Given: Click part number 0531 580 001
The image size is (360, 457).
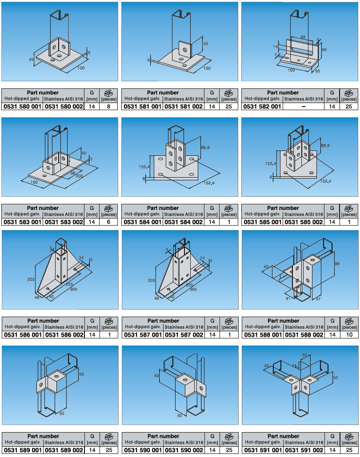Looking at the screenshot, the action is (x=23, y=107).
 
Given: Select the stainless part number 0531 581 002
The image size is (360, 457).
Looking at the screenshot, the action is (x=184, y=107).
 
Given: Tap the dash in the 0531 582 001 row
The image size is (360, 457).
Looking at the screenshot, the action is (x=304, y=107).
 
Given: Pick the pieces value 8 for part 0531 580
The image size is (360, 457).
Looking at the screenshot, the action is (x=108, y=107).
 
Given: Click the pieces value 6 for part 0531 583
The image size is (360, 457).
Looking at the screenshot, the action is (x=108, y=222).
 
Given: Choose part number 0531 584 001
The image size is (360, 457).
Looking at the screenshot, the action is (x=142, y=222).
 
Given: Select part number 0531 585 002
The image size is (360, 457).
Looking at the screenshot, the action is (x=304, y=222).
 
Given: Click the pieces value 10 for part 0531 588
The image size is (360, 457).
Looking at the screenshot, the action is (x=349, y=335).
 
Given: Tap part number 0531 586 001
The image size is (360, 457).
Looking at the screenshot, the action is (x=23, y=335).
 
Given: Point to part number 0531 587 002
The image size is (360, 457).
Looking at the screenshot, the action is (x=184, y=335).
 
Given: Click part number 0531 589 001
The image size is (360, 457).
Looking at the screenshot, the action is (x=23, y=450).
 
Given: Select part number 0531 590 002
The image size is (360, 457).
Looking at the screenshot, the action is (x=184, y=450).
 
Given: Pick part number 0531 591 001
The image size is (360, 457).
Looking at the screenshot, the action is (x=263, y=450).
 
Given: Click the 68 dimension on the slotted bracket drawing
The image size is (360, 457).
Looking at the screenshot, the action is (x=303, y=37).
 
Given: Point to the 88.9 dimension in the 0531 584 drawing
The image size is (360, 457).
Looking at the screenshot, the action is (x=205, y=147).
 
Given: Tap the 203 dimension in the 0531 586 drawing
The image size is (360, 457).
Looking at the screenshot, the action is (x=31, y=279).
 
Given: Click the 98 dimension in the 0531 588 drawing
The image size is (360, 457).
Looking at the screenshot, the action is (x=337, y=263).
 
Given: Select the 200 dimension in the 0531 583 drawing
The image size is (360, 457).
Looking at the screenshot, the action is (x=79, y=176).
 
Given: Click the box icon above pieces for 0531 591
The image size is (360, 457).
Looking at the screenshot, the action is (x=349, y=436).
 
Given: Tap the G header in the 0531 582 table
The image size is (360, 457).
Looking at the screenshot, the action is (x=332, y=93).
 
